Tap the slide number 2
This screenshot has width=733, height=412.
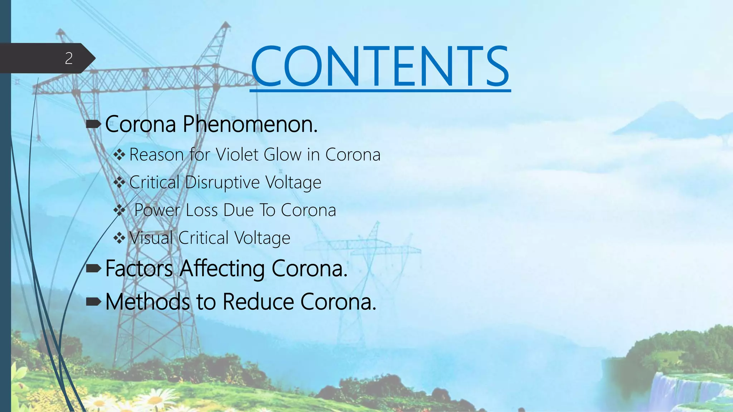(69, 58)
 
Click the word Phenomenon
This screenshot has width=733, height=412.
(250, 124)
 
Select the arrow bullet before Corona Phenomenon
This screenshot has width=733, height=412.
(94, 124)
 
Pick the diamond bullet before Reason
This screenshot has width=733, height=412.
(119, 155)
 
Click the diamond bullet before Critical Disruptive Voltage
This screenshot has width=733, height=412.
(119, 182)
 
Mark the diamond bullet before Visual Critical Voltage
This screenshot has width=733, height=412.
(119, 238)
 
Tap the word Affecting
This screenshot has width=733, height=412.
(222, 269)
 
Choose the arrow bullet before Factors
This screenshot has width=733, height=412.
(94, 269)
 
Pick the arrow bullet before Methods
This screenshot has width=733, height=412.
(94, 302)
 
